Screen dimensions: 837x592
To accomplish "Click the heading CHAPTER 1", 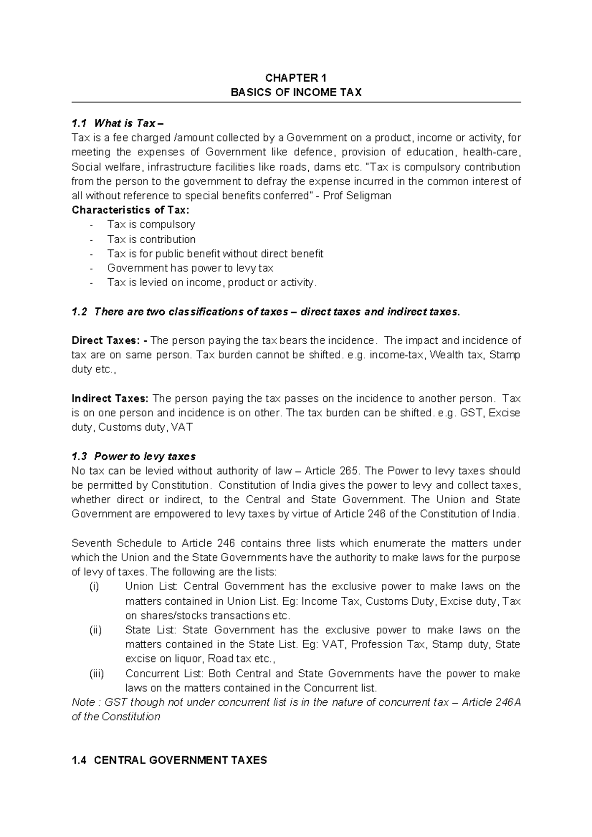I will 296,78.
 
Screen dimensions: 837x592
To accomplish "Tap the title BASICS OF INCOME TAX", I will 296,92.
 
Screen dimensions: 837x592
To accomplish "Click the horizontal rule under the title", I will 296,102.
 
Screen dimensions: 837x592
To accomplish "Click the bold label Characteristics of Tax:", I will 130,210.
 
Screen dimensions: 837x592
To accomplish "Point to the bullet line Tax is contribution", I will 151,239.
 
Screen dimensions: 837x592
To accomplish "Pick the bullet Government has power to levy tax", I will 190,268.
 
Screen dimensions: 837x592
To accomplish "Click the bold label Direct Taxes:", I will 109,341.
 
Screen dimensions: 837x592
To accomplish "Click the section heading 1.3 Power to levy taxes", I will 134,456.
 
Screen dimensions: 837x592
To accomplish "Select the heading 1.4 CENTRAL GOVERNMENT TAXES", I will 169,761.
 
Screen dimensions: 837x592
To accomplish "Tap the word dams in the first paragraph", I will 326,167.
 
